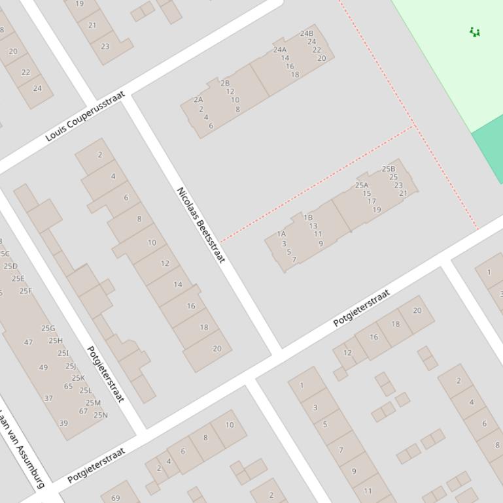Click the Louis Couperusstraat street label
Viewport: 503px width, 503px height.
coord(85,117)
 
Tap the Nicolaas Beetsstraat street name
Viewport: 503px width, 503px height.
coord(201,225)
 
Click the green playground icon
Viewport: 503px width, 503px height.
coord(475,32)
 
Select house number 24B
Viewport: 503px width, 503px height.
coord(307,33)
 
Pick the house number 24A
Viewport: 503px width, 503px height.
coord(280,50)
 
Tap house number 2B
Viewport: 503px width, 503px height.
coord(225,83)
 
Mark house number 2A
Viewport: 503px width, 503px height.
coord(198,100)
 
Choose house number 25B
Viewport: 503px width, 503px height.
coord(389,169)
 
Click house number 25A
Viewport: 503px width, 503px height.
coord(362,185)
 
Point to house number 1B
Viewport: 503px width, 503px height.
coord(308,218)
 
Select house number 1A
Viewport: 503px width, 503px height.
coord(281,233)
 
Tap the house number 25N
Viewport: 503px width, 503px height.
coord(101,415)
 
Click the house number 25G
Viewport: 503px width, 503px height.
coord(48,329)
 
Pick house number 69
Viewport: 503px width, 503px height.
coord(115,498)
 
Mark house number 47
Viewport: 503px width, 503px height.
coord(28,342)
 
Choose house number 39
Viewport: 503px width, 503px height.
coord(63,423)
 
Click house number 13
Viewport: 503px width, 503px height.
coord(313,226)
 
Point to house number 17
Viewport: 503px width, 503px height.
coord(372,201)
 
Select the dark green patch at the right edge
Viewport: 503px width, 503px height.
coord(490,154)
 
